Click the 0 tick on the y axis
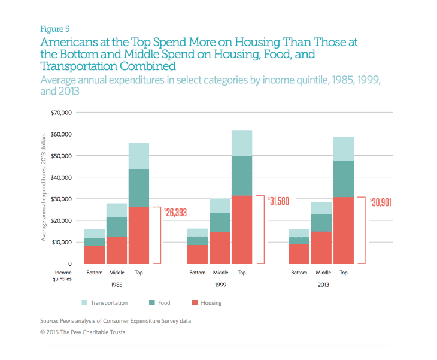[69, 264]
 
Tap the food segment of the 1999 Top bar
[241, 176]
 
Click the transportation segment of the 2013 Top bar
[343, 149]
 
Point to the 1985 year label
[117, 285]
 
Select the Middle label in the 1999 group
[220, 273]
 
